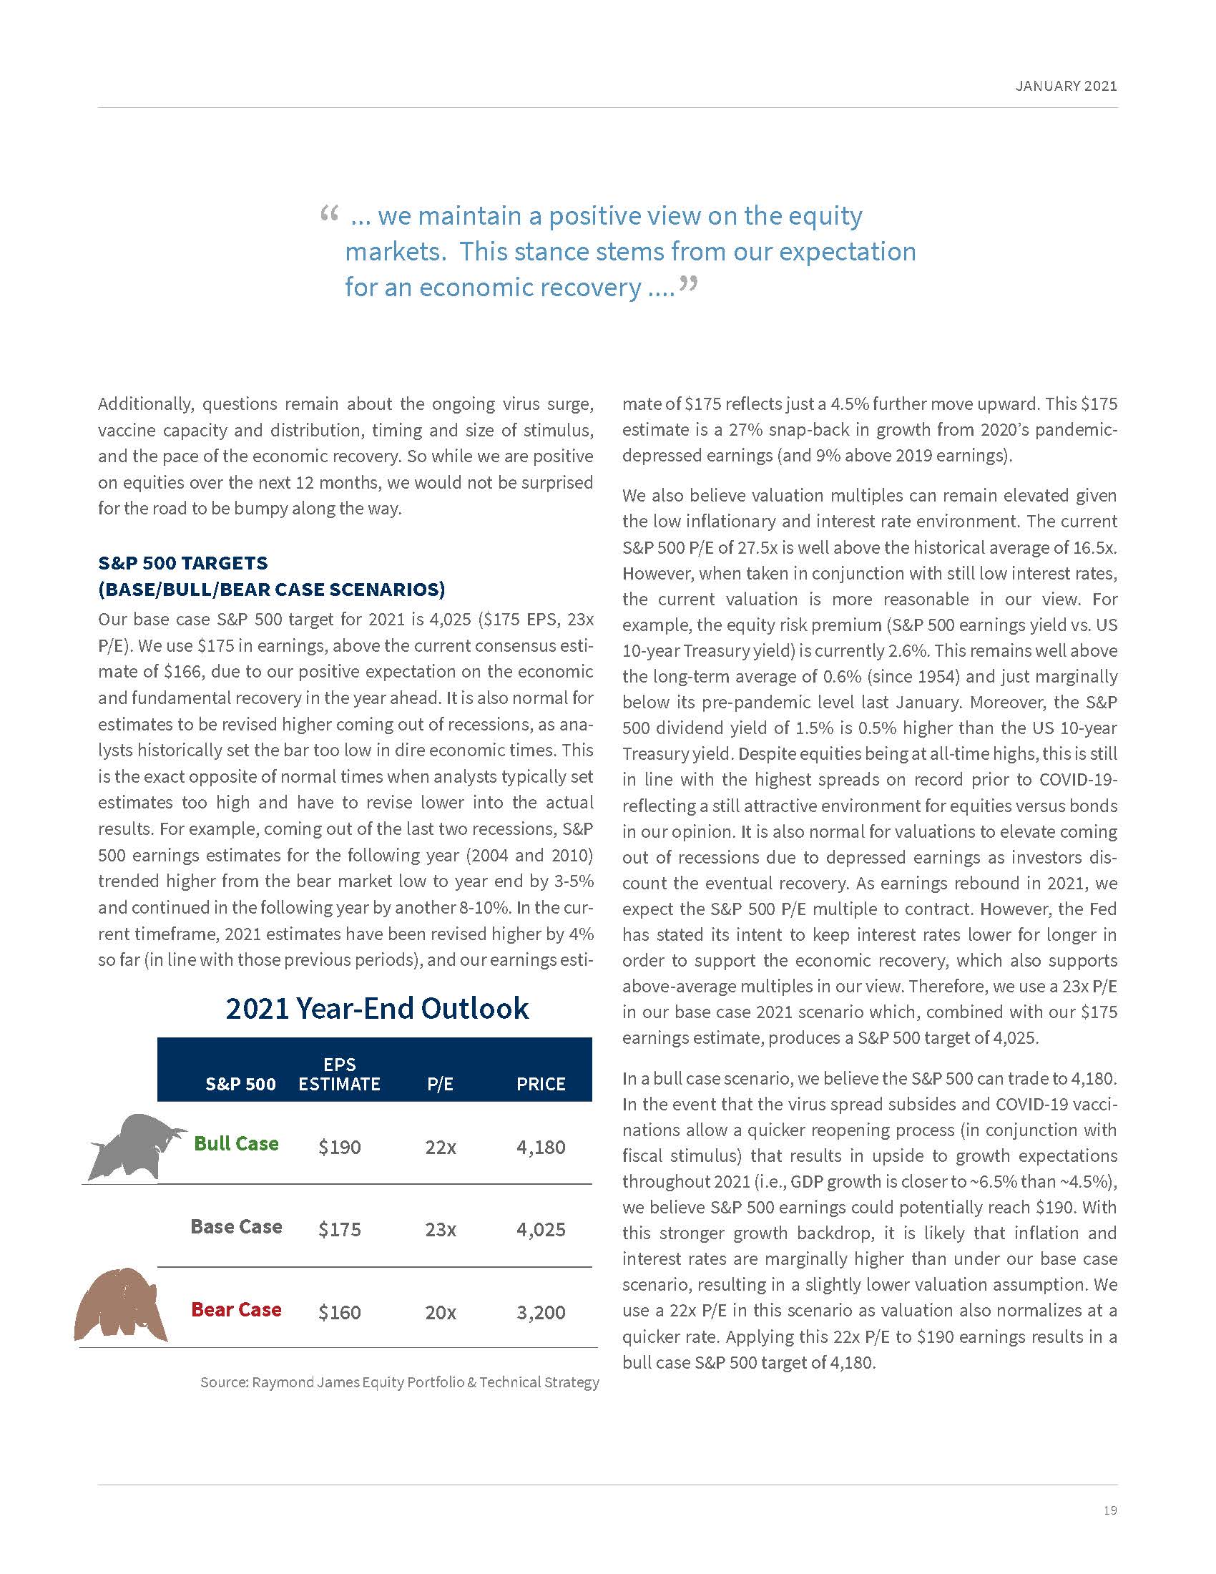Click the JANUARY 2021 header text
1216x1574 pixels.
[1067, 86]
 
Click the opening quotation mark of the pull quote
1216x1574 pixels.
[328, 214]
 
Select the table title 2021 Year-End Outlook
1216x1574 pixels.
[377, 1007]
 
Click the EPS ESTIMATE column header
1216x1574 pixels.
[339, 1074]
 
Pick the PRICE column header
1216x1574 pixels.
[541, 1084]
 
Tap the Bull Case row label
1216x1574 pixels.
[236, 1143]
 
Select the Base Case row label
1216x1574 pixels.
[236, 1226]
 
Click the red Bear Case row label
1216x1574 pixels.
[236, 1309]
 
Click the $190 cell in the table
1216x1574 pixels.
[339, 1147]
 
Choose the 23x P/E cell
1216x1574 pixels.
[440, 1228]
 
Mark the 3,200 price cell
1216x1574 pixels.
[541, 1311]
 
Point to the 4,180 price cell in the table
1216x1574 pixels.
[541, 1147]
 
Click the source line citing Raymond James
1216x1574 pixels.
[399, 1382]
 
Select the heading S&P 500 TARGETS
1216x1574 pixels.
[183, 562]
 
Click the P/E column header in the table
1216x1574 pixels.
[440, 1084]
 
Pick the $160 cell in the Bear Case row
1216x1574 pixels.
[339, 1311]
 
